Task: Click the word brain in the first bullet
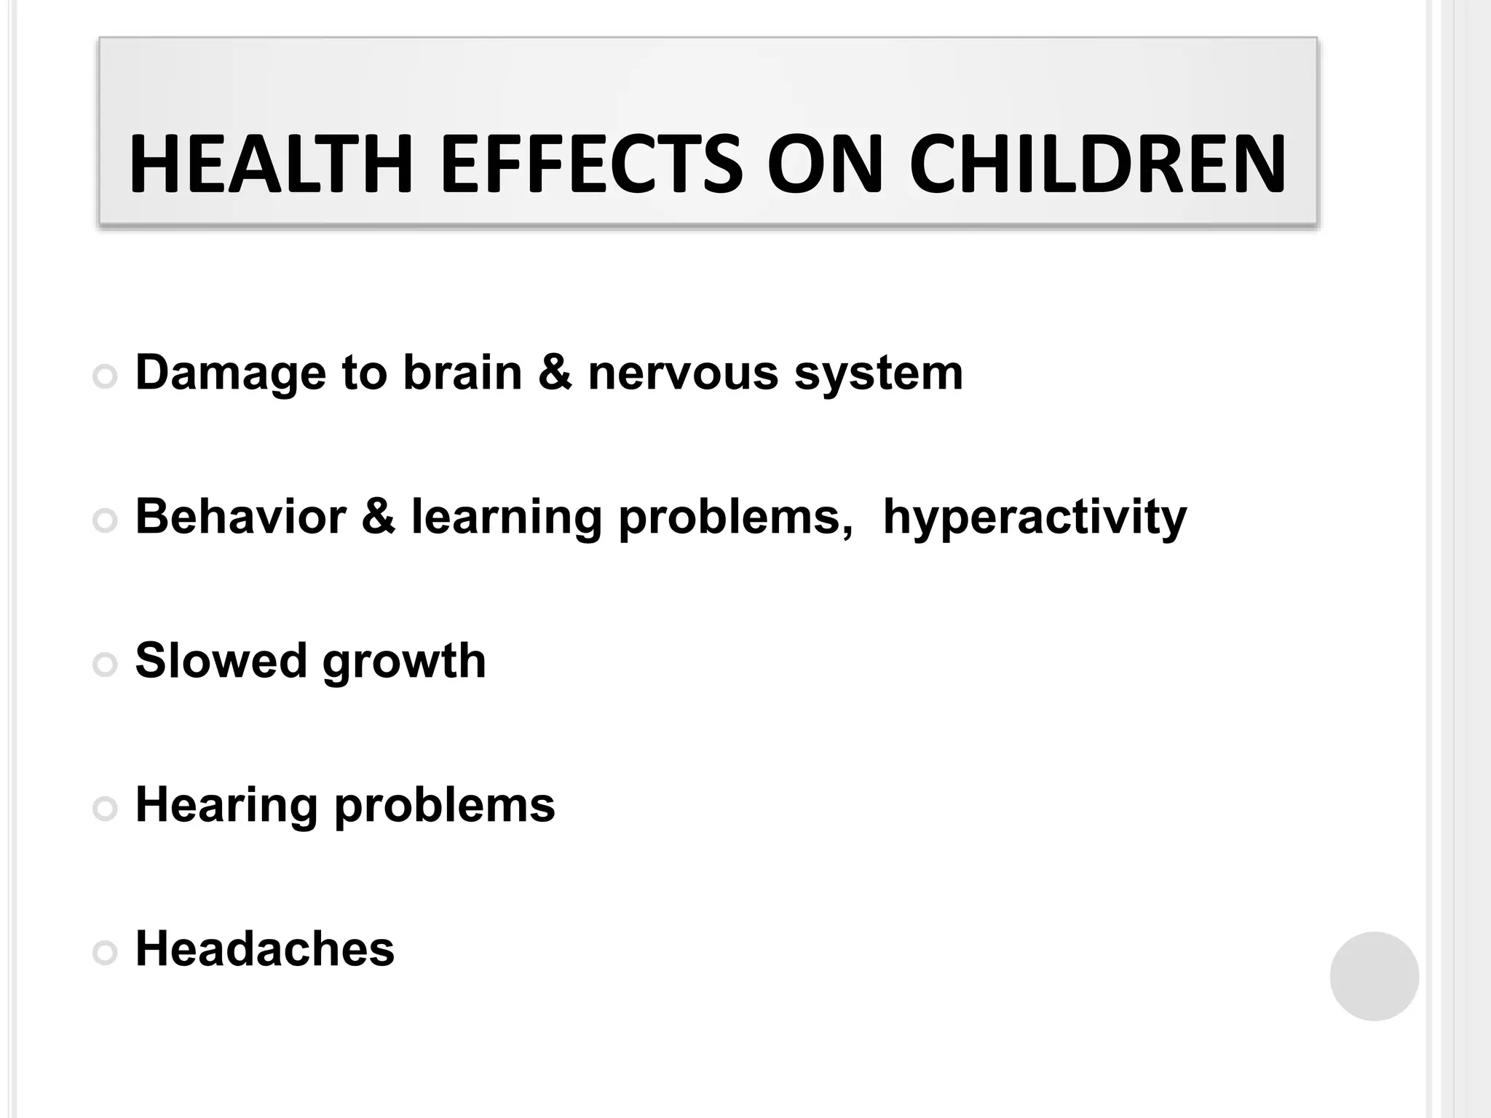coord(462,372)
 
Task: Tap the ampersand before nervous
coord(555,372)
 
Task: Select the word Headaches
coord(265,948)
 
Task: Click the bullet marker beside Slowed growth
coord(106,665)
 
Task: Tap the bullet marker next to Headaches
coord(106,953)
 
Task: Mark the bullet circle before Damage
coord(106,376)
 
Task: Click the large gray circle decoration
coord(1374,976)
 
